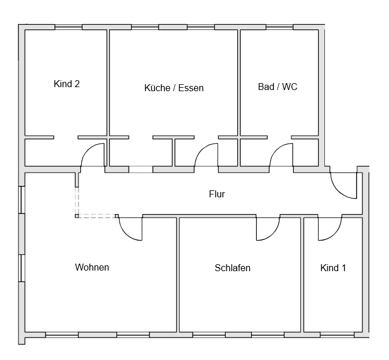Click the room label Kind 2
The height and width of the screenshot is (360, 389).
[x=66, y=84]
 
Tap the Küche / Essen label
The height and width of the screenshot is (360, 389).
[x=174, y=88]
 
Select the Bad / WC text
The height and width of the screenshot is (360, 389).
[x=278, y=87]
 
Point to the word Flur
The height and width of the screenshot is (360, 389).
[x=216, y=194]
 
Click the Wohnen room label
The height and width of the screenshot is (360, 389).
[x=92, y=267]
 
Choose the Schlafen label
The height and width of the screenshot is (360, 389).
[x=233, y=268]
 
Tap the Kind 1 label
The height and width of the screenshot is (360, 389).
[x=333, y=268]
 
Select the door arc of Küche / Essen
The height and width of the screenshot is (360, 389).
[x=206, y=156]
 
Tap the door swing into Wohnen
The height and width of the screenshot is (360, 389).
[x=130, y=228]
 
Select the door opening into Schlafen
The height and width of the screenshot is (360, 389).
[x=268, y=228]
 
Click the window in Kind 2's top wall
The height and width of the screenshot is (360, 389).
[x=68, y=27]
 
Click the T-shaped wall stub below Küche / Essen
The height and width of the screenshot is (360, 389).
[x=174, y=151]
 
